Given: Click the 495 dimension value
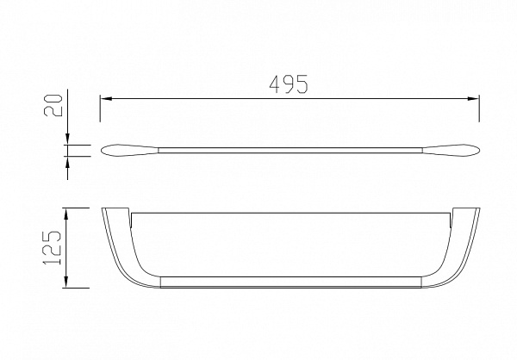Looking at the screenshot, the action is [289, 84].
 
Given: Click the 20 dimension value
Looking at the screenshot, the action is [53, 105].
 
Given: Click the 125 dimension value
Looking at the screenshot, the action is [52, 247].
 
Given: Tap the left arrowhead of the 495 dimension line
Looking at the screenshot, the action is [105, 98].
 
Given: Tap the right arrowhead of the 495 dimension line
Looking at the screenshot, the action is [473, 98].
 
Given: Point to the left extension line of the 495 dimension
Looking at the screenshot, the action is [100, 109].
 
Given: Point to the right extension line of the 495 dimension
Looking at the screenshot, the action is [479, 109].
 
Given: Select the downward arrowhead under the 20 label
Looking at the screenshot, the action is [67, 140].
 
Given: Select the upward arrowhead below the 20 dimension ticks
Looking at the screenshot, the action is [67, 162].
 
